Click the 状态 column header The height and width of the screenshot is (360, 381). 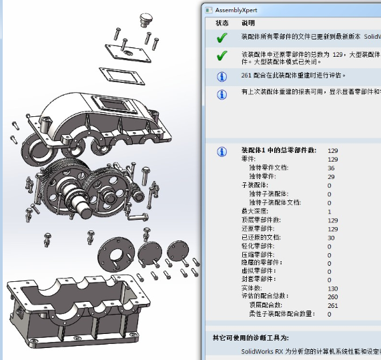click(222, 23)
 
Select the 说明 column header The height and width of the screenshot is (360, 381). click(248, 23)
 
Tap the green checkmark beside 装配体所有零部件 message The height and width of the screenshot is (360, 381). click(222, 37)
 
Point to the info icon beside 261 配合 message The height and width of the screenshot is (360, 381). click(222, 76)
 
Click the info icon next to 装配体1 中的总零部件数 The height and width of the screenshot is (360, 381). click(222, 152)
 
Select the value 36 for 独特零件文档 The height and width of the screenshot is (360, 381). click(332, 168)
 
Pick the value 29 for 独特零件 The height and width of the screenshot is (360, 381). click(332, 177)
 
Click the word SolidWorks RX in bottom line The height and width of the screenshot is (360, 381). click(264, 350)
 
